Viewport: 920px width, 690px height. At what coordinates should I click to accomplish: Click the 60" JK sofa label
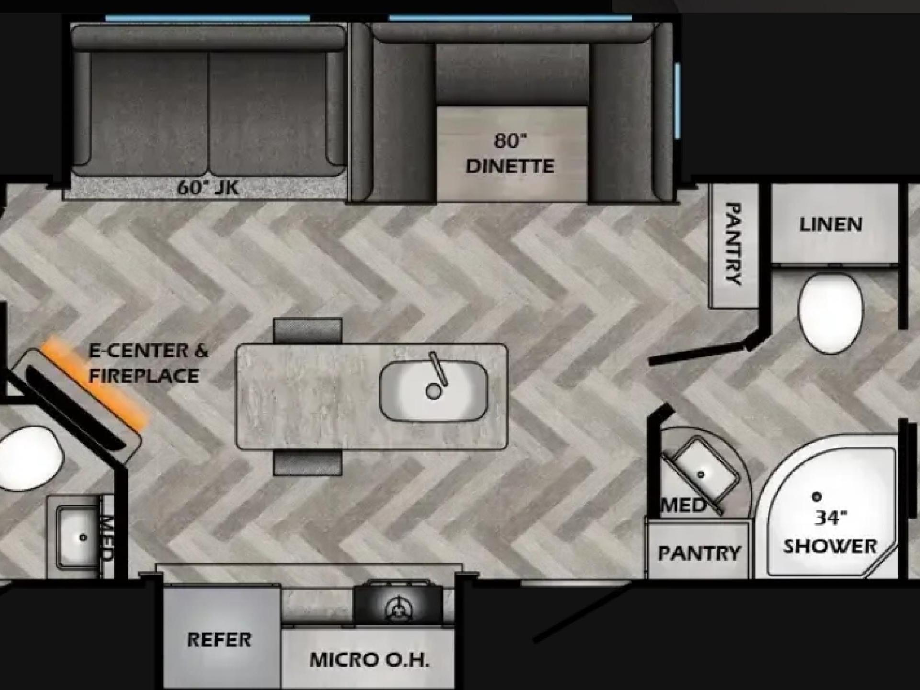(x=207, y=187)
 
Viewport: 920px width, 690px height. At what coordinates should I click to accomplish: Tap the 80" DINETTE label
(x=510, y=153)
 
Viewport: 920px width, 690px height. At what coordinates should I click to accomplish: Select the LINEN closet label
(x=831, y=224)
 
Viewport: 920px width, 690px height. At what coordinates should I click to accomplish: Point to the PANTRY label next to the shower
(x=699, y=553)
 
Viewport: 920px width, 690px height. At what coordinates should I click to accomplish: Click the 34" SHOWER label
(x=830, y=532)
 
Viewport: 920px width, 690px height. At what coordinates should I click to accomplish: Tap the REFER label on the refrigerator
(x=219, y=640)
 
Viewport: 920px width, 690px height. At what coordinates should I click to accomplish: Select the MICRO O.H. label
(x=369, y=660)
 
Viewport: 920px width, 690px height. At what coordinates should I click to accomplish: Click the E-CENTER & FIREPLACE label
(x=149, y=363)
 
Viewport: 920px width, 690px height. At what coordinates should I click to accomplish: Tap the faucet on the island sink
(x=438, y=368)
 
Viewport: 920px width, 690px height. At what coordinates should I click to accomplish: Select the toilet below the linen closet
(x=830, y=312)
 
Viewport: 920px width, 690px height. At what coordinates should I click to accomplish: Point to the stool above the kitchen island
(x=308, y=331)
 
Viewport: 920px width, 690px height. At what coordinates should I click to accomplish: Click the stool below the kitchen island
(x=308, y=463)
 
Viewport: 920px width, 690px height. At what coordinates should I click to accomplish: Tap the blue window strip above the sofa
(x=207, y=18)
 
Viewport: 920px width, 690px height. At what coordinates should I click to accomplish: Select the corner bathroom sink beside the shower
(x=701, y=472)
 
